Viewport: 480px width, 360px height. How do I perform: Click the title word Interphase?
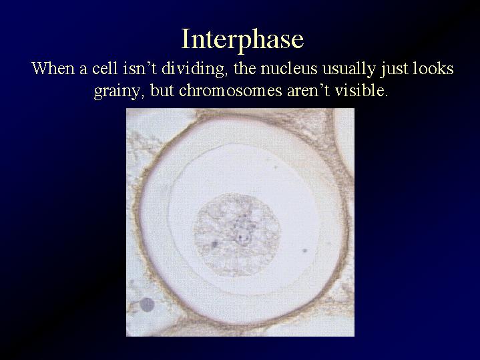pyautogui.click(x=242, y=40)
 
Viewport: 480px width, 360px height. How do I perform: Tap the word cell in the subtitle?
pyautogui.click(x=105, y=68)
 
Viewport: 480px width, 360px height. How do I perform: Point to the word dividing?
pyautogui.click(x=193, y=69)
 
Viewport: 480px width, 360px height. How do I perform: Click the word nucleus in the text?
pyautogui.click(x=288, y=69)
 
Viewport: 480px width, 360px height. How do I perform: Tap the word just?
pyautogui.click(x=394, y=69)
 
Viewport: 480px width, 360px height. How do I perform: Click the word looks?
pyautogui.click(x=433, y=68)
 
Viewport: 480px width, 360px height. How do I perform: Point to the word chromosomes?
pyautogui.click(x=230, y=91)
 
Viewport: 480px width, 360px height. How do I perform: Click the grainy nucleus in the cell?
pyautogui.click(x=237, y=234)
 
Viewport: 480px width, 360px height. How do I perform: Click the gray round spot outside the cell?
pyautogui.click(x=147, y=305)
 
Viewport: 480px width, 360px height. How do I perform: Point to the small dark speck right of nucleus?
pyautogui.click(x=305, y=250)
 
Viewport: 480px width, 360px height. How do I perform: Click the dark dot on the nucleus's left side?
pyautogui.click(x=214, y=244)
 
